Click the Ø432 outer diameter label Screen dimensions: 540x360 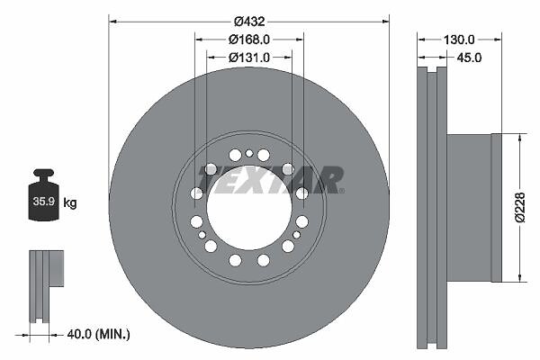(x=249, y=22)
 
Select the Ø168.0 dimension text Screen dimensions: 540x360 (x=249, y=40)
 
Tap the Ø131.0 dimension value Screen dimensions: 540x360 (x=249, y=58)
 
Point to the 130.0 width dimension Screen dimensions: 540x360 (x=459, y=40)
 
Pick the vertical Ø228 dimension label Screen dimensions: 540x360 (x=520, y=207)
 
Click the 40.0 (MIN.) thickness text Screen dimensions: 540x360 (x=98, y=334)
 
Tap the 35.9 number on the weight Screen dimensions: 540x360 (x=44, y=202)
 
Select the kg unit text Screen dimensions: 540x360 (x=70, y=202)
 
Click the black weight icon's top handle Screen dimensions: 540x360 (x=43, y=173)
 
